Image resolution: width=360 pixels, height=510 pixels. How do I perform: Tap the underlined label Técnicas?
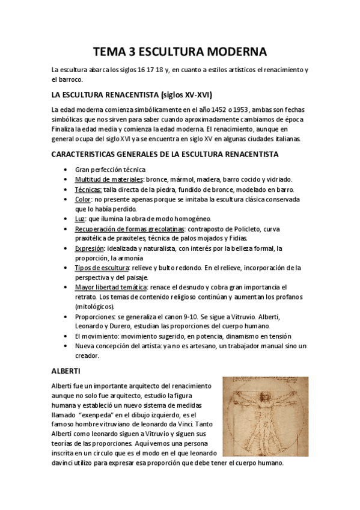[x=88, y=189]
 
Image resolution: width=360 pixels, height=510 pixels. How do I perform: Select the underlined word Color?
[x=84, y=199]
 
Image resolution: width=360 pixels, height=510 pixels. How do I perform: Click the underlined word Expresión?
[x=90, y=248]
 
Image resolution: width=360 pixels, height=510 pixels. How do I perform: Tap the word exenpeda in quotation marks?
[x=116, y=414]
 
